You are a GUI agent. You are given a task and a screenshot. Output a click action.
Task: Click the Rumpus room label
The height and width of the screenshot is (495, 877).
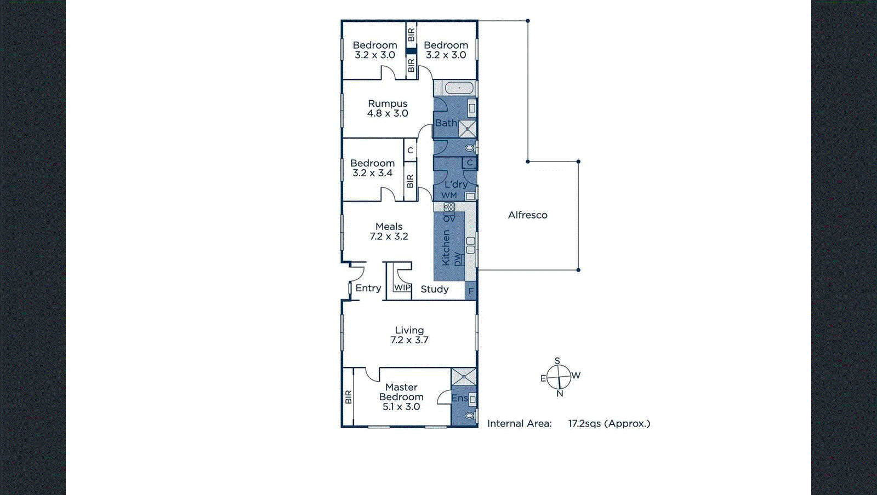[388, 103]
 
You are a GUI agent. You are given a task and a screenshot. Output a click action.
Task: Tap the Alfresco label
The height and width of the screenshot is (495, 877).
[527, 215]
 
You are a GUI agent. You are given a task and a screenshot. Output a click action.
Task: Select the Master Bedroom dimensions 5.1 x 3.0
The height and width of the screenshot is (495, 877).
[401, 407]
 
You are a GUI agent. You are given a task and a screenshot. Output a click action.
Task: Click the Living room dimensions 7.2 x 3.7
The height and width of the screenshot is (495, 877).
[409, 340]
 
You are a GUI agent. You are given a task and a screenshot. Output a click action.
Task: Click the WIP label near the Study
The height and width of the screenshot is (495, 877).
[402, 288]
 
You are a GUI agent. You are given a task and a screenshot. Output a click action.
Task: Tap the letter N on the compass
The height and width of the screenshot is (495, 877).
[560, 393]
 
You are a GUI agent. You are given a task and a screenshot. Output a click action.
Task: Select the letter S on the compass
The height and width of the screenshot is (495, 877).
[557, 361]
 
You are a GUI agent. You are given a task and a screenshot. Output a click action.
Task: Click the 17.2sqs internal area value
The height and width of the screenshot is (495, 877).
[584, 423]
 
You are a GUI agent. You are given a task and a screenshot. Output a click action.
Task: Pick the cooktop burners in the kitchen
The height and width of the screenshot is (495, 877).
[449, 207]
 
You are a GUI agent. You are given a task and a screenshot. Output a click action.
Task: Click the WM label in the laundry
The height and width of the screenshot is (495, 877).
[449, 195]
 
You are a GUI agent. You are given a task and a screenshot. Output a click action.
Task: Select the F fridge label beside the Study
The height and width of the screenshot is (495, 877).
[471, 291]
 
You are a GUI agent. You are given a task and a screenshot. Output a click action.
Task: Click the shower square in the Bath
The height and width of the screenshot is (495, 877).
[467, 129]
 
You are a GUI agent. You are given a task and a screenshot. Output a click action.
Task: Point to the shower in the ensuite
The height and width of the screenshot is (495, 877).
[464, 377]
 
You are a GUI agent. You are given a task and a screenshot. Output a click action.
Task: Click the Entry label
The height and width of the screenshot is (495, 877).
[368, 288]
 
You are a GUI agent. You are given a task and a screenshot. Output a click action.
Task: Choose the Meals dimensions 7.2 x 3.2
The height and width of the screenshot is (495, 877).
[389, 237]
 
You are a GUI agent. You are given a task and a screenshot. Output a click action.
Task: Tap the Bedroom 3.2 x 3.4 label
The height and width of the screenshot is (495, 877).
[373, 163]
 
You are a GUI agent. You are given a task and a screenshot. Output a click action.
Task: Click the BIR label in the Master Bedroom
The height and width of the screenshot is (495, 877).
[348, 397]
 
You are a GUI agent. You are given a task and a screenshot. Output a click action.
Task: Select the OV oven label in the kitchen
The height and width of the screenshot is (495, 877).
[449, 218]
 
